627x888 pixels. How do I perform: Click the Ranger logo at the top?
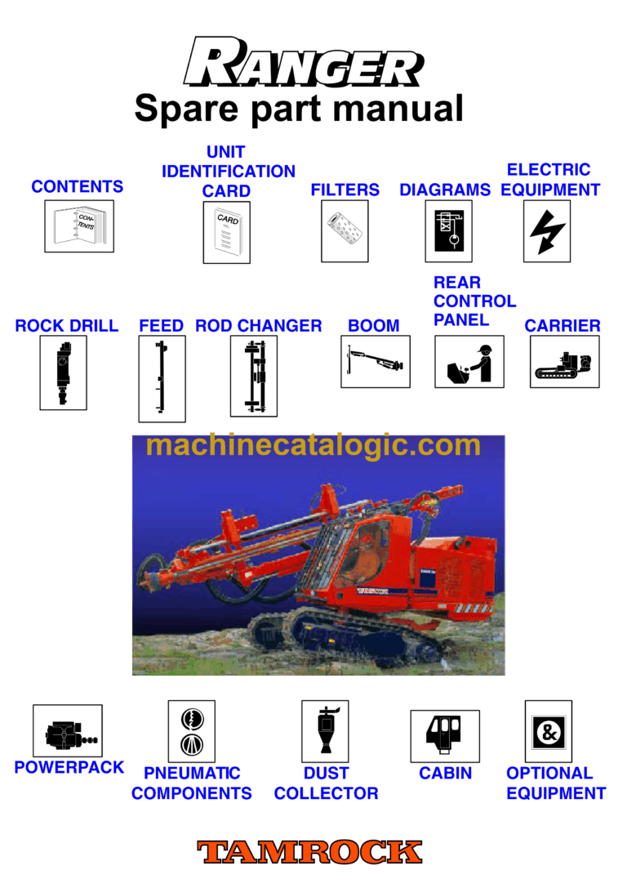tap(304, 63)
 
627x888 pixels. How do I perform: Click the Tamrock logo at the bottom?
tap(309, 852)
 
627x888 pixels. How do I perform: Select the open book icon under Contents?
tap(78, 226)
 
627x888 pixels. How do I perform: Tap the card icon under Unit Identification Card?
tap(226, 232)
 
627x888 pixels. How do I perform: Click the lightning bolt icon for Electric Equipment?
tap(546, 231)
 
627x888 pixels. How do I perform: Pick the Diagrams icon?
tap(448, 231)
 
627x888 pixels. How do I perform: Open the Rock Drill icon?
tap(63, 372)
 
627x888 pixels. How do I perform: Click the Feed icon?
tap(162, 378)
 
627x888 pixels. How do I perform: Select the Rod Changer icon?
tap(253, 376)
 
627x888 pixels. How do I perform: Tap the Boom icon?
tap(375, 361)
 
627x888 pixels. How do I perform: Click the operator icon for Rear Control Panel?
tap(469, 361)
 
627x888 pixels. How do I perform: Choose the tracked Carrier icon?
tap(564, 361)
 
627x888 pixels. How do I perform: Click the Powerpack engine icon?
tap(67, 730)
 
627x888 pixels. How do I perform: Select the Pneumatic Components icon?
tap(191, 730)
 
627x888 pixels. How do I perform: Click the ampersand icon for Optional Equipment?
tap(548, 730)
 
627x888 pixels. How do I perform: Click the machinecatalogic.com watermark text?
tap(313, 446)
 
